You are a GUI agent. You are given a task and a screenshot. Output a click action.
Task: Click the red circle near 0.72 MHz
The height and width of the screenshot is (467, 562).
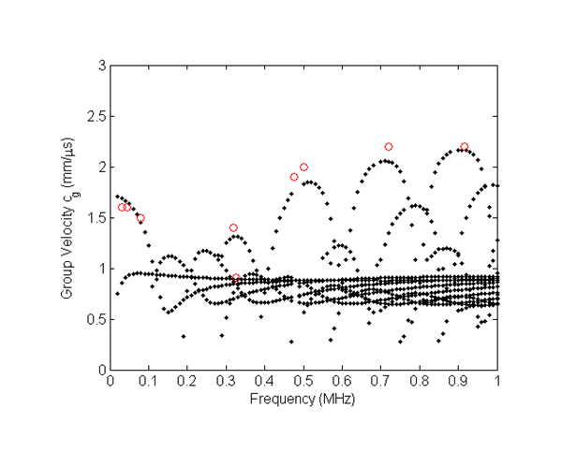389,147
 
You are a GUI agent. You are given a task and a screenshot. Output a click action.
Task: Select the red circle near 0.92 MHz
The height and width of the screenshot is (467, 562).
465,147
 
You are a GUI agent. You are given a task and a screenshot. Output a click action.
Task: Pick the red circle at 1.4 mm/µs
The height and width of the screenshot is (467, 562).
233,227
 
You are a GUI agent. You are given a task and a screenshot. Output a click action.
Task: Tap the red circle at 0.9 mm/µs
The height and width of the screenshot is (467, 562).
236,278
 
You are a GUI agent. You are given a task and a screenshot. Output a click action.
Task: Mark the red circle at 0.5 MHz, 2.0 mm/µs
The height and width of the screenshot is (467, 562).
303,167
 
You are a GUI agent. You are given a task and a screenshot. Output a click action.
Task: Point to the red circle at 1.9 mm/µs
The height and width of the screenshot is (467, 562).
294,177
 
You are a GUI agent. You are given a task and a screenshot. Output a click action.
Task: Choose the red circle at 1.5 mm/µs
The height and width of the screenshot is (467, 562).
140,218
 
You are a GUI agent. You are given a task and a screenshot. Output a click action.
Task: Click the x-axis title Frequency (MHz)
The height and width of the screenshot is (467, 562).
303,401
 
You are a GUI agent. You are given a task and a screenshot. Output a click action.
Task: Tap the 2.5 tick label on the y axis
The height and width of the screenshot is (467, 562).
95,116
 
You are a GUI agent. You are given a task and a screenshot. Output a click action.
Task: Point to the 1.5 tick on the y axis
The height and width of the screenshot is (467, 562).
95,218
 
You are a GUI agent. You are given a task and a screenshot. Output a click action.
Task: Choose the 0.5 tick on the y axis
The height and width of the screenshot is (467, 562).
95,319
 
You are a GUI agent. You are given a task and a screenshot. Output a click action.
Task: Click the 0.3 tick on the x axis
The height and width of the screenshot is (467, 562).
227,382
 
